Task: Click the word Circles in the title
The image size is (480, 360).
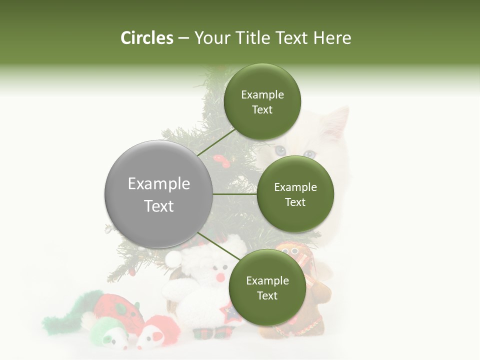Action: [x=147, y=38]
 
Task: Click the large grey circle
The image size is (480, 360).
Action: [x=158, y=194]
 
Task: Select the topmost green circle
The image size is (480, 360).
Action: [x=262, y=101]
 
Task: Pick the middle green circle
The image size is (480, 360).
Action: [x=295, y=194]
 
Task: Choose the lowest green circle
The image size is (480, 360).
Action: [x=267, y=287]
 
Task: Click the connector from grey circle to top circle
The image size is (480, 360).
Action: [x=216, y=142]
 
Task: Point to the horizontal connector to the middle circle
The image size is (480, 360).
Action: [x=234, y=194]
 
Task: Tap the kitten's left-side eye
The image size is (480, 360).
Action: [x=280, y=150]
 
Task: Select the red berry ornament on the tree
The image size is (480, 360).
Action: [x=220, y=160]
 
